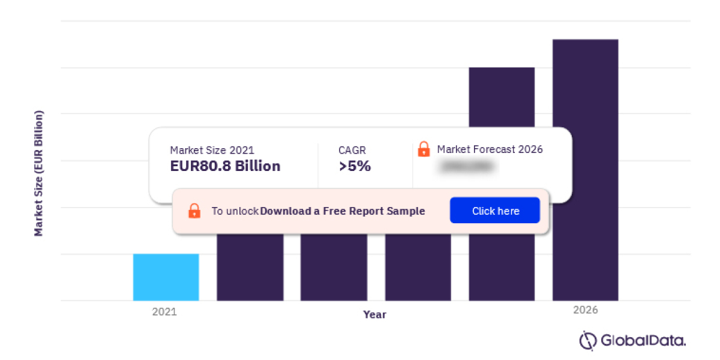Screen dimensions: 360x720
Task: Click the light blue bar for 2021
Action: (x=166, y=277)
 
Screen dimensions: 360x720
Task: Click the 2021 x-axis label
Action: (x=164, y=312)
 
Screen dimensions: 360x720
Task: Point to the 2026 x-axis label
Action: (x=586, y=310)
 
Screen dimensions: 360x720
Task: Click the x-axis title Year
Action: (x=375, y=314)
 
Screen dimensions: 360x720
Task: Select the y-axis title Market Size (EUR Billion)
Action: (x=39, y=173)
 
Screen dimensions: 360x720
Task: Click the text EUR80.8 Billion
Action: (x=225, y=166)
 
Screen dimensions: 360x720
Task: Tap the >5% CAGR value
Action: (x=355, y=166)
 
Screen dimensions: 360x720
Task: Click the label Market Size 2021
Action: (x=212, y=150)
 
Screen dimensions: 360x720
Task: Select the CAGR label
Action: (x=352, y=150)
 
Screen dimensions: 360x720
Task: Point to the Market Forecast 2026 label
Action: (x=490, y=149)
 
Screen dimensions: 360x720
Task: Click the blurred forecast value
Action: (x=467, y=167)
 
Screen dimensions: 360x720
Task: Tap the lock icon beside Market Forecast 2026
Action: (x=424, y=149)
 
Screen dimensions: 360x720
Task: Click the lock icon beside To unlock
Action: (x=194, y=211)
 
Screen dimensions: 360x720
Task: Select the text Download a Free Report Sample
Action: (x=343, y=211)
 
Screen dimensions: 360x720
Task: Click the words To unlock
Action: (x=235, y=211)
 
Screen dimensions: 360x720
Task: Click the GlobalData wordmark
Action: (x=643, y=341)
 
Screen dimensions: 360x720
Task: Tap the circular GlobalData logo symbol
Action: (x=587, y=340)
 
